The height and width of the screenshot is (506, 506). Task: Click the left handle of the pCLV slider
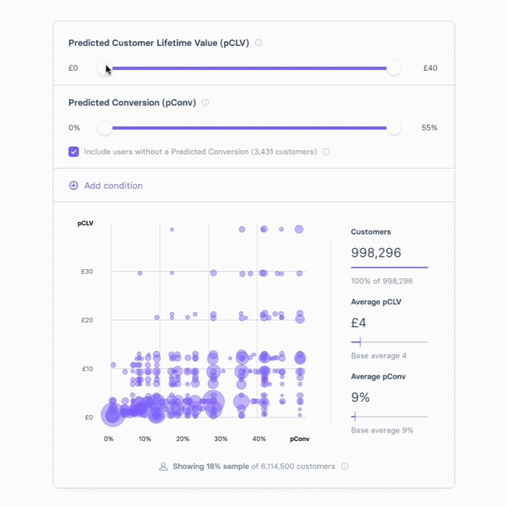coord(104,68)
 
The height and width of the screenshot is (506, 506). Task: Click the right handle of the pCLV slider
coord(394,68)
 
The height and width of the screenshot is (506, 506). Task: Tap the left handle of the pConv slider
coord(104,128)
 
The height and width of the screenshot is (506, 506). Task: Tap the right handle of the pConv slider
coord(394,128)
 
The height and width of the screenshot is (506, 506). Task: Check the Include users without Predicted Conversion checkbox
coord(74,152)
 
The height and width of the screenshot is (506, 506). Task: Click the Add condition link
coord(114,186)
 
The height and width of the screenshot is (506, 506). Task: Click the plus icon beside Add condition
coord(73,186)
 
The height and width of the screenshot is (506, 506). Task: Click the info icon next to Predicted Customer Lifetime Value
coord(258,43)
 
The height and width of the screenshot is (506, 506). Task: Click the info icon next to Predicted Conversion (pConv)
coord(206,102)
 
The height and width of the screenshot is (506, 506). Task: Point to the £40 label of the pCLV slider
coord(430,68)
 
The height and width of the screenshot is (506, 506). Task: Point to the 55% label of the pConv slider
coord(429,128)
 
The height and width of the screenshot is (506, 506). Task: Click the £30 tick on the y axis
coord(87,272)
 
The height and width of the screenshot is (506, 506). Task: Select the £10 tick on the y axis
coord(87,369)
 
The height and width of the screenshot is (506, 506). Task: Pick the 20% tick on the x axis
coord(183,439)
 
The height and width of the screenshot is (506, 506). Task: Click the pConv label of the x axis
coord(300,439)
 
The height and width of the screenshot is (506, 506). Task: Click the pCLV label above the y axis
coord(86,224)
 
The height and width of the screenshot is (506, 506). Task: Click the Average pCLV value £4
coord(359,322)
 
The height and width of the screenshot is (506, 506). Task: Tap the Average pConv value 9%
coord(360,397)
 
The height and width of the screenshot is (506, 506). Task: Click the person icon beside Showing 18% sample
coord(163,466)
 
